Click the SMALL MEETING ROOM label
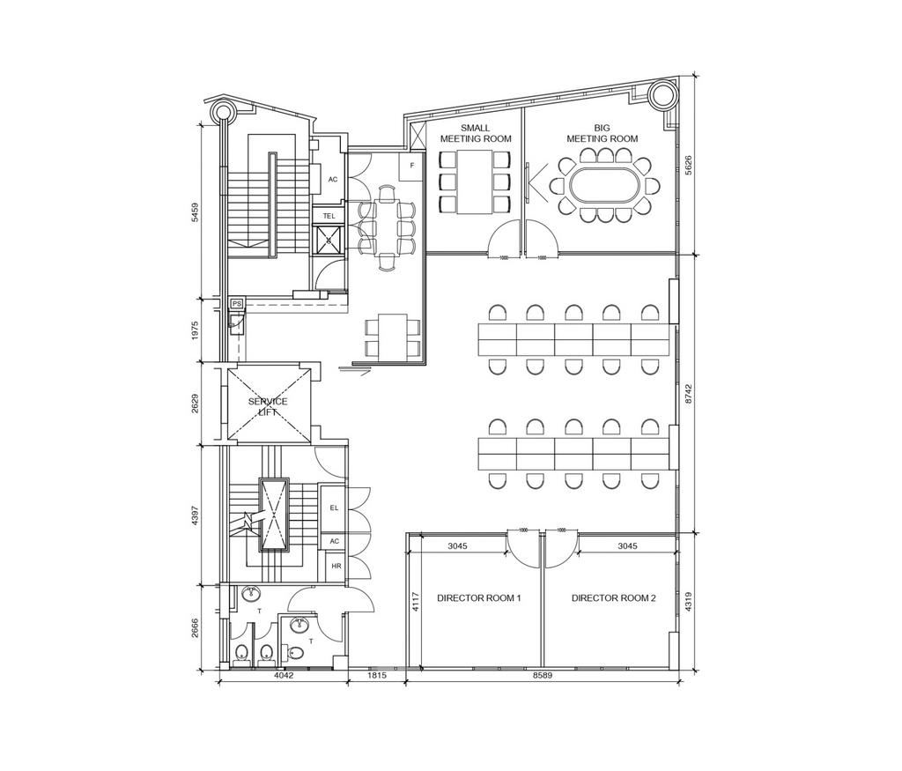click(476, 133)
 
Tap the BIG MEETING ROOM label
click(602, 133)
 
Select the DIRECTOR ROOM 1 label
click(478, 598)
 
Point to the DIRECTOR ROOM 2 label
click(613, 598)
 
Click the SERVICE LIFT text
click(268, 407)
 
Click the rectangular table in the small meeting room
click(475, 182)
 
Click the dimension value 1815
click(377, 677)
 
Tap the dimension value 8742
click(689, 393)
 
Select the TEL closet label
click(329, 215)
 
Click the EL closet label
click(334, 508)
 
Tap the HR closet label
click(336, 567)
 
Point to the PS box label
click(236, 304)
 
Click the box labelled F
click(411, 166)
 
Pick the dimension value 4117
click(415, 600)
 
